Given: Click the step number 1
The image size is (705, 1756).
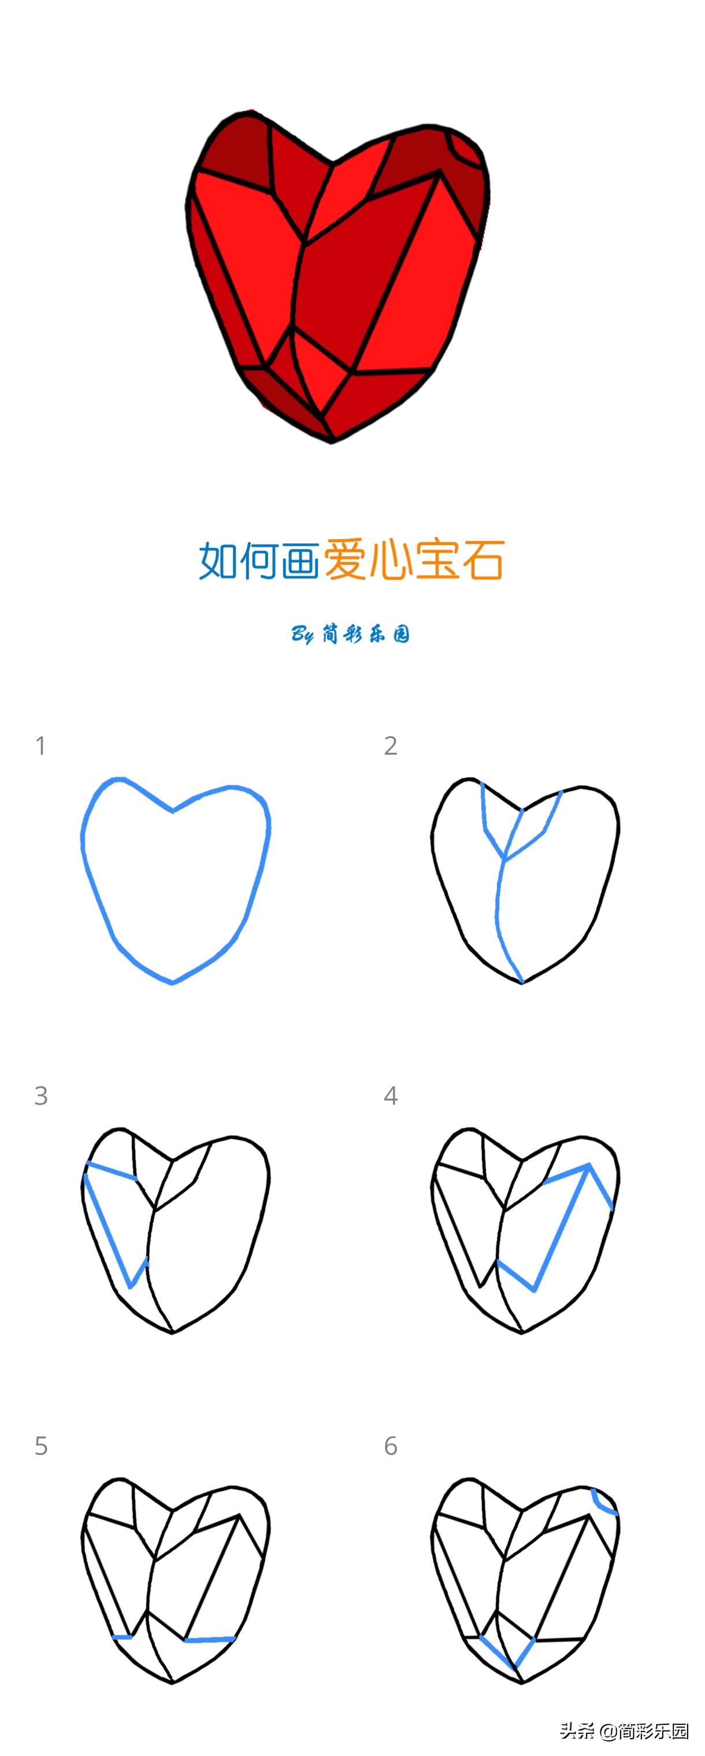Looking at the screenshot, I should coord(41,746).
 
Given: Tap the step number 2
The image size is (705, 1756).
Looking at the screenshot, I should coord(390,746).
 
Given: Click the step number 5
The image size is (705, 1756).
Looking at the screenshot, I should coord(41,1446).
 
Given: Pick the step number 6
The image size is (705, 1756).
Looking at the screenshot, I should coord(390,1446).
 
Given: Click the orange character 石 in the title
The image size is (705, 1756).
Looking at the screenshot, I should coord(483,559).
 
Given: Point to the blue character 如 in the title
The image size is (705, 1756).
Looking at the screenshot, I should coord(218,560).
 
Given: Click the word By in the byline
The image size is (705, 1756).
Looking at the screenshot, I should coord(302,635).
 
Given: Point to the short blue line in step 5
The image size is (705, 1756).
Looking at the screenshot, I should coord(123,1637).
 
